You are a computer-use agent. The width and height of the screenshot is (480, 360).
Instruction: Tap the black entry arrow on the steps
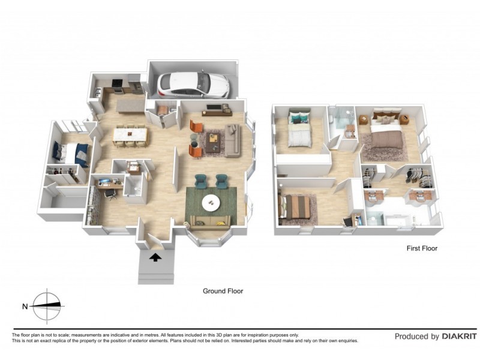(x=155, y=258)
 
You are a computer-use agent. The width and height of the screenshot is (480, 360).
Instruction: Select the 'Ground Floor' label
(x=223, y=291)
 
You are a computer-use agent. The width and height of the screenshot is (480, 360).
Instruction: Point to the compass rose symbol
(x=48, y=306)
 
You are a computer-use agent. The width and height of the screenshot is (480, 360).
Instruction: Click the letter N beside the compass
(x=25, y=307)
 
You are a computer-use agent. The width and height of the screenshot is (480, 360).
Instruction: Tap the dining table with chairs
(x=130, y=135)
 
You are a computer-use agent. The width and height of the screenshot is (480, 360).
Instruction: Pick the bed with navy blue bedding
(x=71, y=154)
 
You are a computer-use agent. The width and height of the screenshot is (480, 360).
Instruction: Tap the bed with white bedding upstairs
(x=298, y=131)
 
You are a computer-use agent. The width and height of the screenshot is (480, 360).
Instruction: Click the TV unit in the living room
(x=217, y=110)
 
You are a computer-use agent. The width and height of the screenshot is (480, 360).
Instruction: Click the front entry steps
(x=155, y=270)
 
